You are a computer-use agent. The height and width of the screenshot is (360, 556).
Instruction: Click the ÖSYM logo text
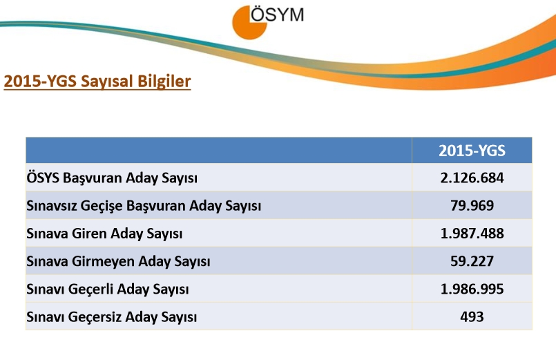tap(276, 15)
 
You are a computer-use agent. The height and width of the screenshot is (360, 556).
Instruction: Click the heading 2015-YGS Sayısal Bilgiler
tap(97, 82)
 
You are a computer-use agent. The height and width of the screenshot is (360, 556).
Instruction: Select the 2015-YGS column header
tap(472, 151)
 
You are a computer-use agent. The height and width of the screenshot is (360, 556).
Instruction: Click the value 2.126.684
tap(472, 178)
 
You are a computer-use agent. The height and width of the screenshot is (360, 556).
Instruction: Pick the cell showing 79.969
tap(472, 205)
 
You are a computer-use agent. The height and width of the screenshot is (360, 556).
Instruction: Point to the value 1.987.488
tap(472, 234)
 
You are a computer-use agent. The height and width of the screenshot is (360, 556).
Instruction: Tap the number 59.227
tap(472, 261)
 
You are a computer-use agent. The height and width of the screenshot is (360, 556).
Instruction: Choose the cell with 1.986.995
tap(472, 289)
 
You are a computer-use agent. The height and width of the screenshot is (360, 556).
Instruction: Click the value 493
tap(472, 316)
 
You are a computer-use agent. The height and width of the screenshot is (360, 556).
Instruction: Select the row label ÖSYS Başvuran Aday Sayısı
tap(112, 178)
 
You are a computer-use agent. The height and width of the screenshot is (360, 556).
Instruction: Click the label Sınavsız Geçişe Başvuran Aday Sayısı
tap(144, 206)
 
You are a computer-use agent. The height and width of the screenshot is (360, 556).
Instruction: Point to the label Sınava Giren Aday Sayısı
tap(104, 234)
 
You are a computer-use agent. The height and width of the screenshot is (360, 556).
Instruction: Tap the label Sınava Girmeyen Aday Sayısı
tap(118, 262)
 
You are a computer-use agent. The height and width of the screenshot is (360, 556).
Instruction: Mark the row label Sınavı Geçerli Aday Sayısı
tap(108, 290)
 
